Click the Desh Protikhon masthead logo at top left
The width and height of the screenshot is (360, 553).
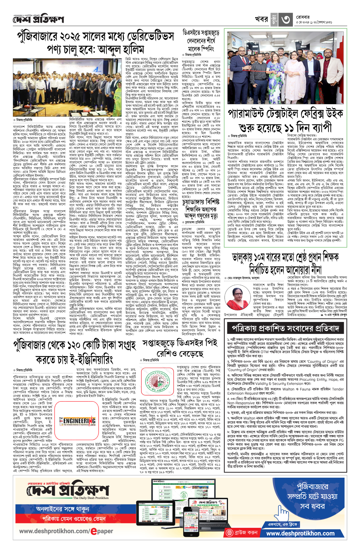pos(38,20)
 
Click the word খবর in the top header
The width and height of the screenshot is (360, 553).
pos(261,19)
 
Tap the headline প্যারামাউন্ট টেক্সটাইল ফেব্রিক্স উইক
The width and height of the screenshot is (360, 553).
pos(285,121)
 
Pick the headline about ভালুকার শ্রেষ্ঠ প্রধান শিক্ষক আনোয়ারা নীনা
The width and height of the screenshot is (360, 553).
pos(285,264)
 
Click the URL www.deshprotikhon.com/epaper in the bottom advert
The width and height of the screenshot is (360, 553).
pos(66,531)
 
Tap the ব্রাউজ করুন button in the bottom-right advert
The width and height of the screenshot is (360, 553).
pos(242,533)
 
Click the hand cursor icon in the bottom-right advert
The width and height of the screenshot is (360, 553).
pos(282,514)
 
